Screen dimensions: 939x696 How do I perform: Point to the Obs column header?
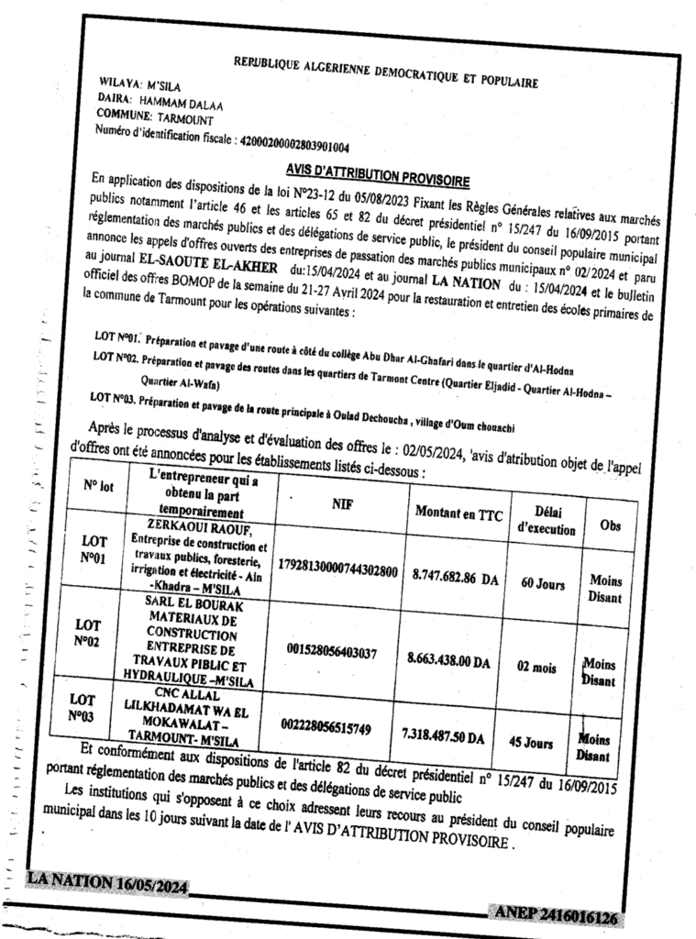(609, 526)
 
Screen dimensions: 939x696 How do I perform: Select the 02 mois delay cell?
(537, 668)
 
